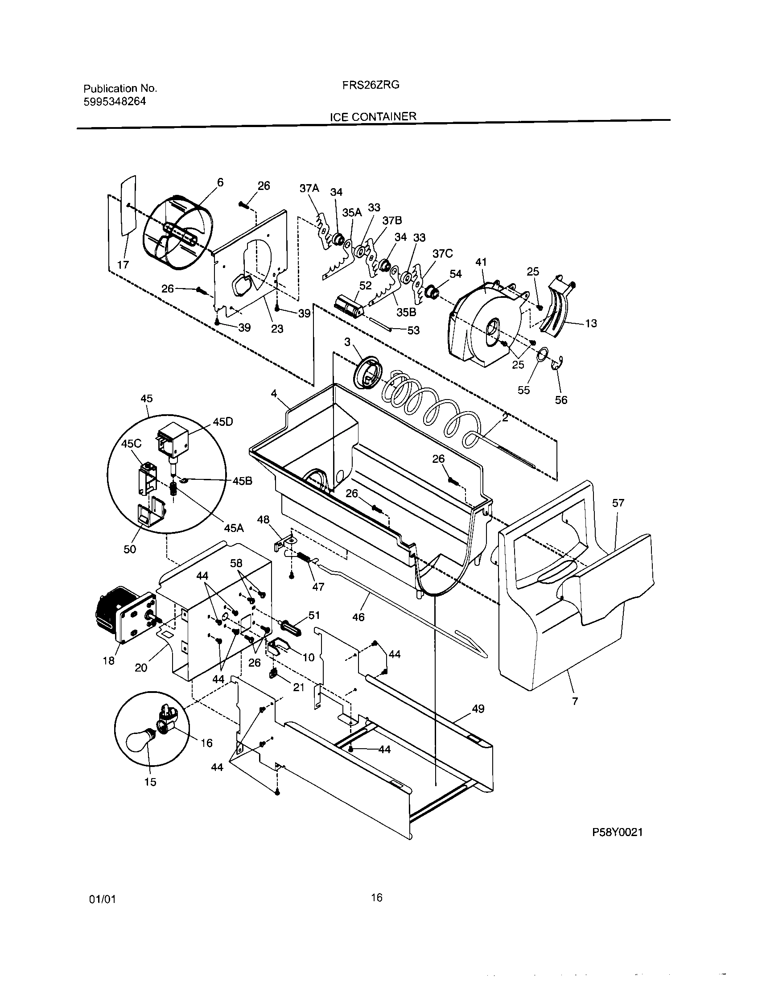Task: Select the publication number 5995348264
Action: point(115,102)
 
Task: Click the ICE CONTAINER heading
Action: point(373,117)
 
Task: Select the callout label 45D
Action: point(223,422)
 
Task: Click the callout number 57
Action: point(618,503)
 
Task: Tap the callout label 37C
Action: point(442,254)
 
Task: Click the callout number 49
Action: point(478,709)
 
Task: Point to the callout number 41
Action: point(481,262)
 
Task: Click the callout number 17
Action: point(123,264)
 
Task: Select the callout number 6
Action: point(219,182)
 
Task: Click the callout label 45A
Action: point(234,528)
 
